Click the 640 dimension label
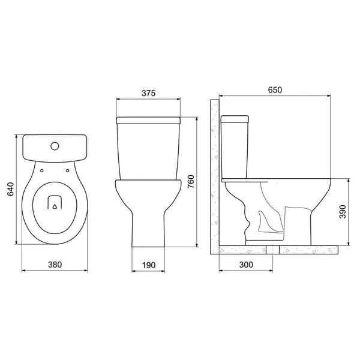11,189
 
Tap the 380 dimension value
55,265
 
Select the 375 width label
149,93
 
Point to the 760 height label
191,182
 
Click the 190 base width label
149,265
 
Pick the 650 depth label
275,90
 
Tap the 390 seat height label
343,212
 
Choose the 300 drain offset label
246,265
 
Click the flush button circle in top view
55,146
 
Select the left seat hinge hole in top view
42,170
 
